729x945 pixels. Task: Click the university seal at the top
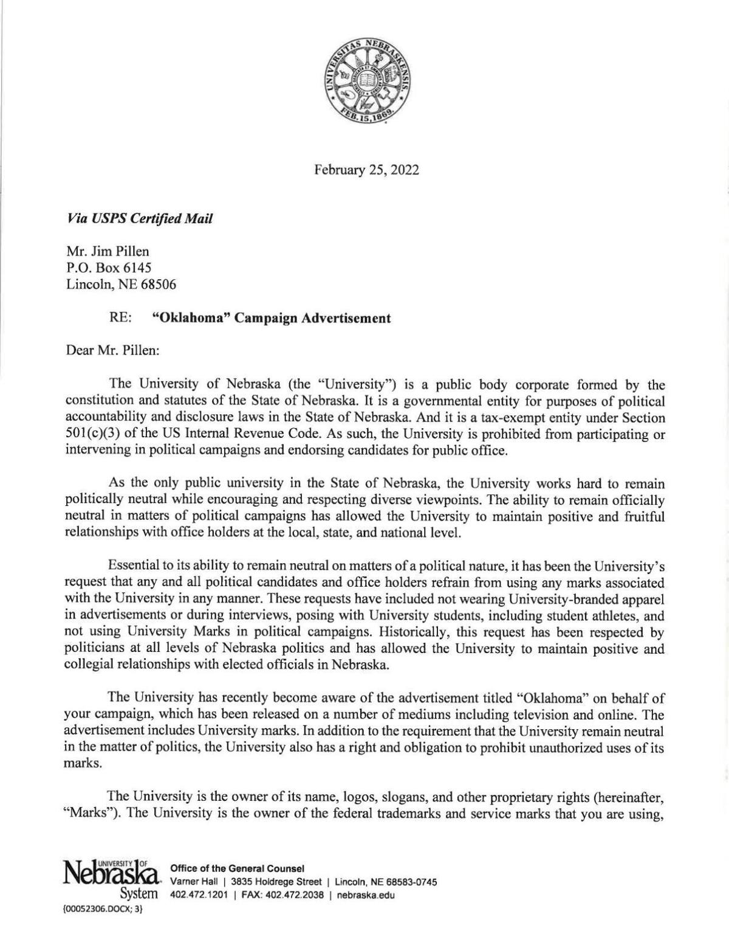tap(366, 83)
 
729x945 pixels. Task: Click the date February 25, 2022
tap(366, 170)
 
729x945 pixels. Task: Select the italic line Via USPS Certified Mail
tap(140, 219)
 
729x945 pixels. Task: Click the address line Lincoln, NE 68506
tap(121, 284)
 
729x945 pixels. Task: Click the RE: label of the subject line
tap(121, 318)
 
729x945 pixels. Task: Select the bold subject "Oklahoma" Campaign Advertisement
tap(271, 318)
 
